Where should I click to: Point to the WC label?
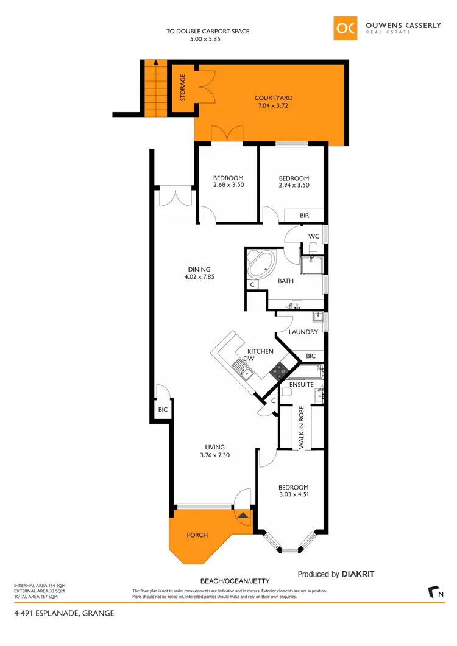(314, 236)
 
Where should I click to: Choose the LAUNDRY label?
(303, 332)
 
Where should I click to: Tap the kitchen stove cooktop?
(279, 369)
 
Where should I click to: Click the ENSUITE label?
(302, 385)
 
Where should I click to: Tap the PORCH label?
(197, 535)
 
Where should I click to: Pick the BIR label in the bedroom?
(304, 216)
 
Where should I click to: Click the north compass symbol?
(435, 591)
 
